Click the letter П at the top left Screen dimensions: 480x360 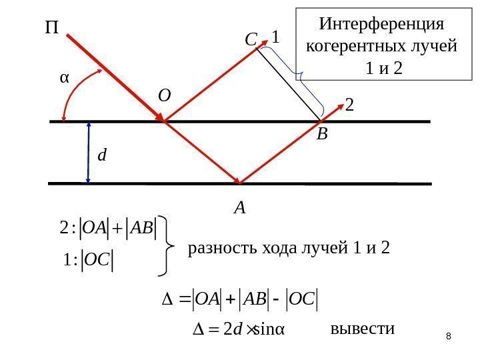click(x=51, y=29)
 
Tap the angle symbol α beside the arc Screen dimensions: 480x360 click(x=65, y=77)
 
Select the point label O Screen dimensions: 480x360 click(x=164, y=96)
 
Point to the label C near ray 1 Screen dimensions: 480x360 click(x=251, y=41)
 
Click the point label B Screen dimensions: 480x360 click(x=322, y=135)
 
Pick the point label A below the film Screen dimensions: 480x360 click(x=239, y=209)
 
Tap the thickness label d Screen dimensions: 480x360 click(x=102, y=156)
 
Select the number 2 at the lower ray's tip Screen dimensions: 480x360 click(x=350, y=105)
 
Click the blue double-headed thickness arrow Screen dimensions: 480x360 click(x=89, y=152)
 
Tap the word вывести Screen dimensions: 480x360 click(x=363, y=329)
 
